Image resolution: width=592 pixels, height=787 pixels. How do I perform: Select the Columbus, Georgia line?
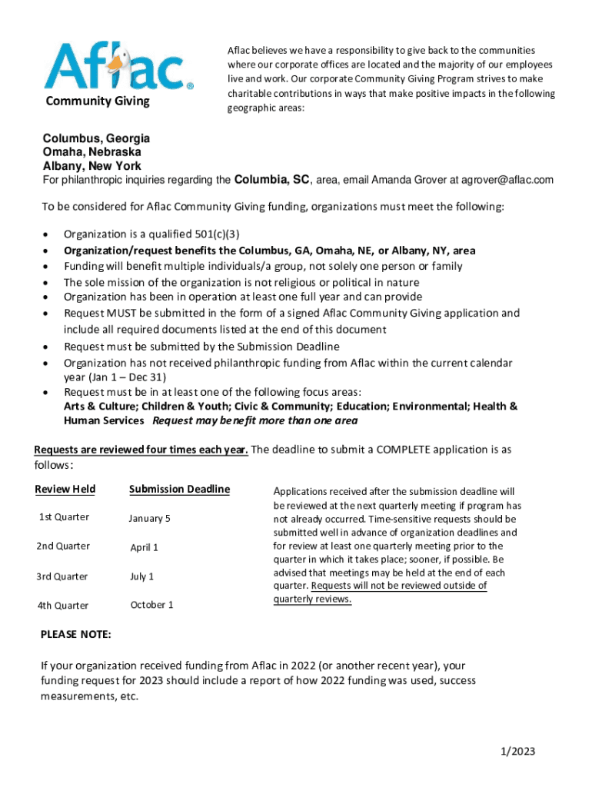pyautogui.click(x=96, y=139)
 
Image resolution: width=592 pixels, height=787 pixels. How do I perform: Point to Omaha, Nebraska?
pyautogui.click(x=91, y=152)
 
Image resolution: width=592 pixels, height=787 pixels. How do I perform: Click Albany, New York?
pyautogui.click(x=91, y=166)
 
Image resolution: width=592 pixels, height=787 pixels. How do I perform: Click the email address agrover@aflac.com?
pyautogui.click(x=507, y=181)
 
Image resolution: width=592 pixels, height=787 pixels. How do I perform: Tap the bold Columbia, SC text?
pyautogui.click(x=271, y=180)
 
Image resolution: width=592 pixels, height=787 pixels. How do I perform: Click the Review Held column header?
pyautogui.click(x=65, y=490)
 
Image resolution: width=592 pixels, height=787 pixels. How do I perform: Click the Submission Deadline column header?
pyautogui.click(x=179, y=490)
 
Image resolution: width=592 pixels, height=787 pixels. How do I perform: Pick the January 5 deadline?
pyautogui.click(x=150, y=519)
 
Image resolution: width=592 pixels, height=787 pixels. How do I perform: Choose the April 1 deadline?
pyautogui.click(x=144, y=548)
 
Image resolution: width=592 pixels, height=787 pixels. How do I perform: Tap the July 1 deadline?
pyautogui.click(x=142, y=576)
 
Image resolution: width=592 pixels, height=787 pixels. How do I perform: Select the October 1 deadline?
pyautogui.click(x=151, y=605)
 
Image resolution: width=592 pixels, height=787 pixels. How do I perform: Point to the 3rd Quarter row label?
pyautogui.click(x=62, y=576)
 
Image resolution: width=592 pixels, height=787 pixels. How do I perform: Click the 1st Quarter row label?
pyautogui.click(x=64, y=517)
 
